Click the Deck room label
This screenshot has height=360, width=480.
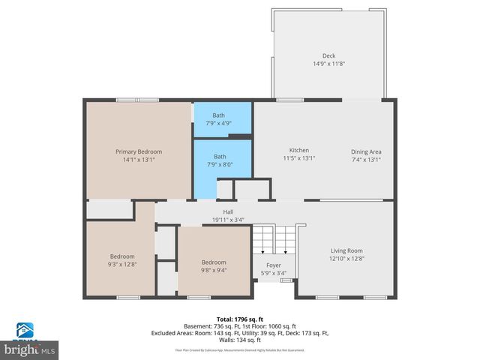coord(328,55)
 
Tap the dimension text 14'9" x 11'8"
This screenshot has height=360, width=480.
coord(328,64)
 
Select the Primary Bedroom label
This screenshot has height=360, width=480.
coord(138,151)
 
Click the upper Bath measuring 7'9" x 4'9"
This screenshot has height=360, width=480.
coord(218,115)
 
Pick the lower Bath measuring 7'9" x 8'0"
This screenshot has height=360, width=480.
coord(218,157)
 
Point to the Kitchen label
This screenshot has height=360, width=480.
coord(298,150)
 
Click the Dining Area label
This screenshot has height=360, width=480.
coord(366,151)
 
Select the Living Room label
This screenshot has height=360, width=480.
coord(346,250)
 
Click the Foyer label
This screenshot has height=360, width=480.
coord(273,265)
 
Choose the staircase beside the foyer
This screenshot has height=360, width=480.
coord(273,240)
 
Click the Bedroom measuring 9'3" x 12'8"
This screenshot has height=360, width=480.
coord(122,256)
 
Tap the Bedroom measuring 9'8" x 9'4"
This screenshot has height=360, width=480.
coord(213,262)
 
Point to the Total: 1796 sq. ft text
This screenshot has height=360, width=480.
coord(240,319)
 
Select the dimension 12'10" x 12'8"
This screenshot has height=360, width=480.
coord(346,259)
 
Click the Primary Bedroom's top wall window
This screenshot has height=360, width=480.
coord(137,100)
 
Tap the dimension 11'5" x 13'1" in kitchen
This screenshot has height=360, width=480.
coord(298,158)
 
